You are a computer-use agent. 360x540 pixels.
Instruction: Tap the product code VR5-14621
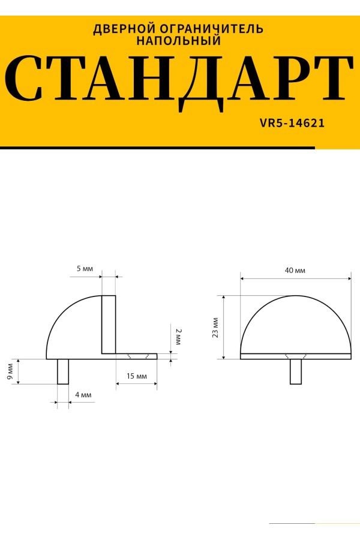tap(292, 123)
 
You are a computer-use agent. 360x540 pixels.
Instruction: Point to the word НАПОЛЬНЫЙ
tap(178, 41)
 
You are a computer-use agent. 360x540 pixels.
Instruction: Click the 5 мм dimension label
tap(85, 269)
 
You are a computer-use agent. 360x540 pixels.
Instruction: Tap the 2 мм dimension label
tap(178, 337)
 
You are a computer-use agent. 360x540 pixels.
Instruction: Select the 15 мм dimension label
tap(136, 376)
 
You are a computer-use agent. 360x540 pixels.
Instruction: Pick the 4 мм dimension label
tap(83, 395)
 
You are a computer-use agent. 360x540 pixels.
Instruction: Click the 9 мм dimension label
tap(10, 371)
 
